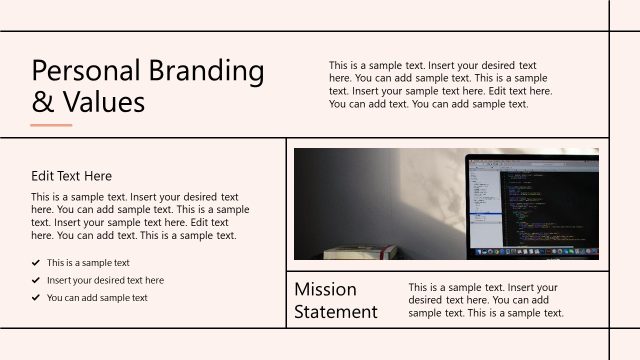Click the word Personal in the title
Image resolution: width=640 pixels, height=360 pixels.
[85, 71]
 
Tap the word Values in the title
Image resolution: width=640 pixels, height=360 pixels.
[103, 102]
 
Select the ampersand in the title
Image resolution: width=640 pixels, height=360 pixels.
[42, 102]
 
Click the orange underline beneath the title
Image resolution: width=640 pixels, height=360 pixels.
[51, 125]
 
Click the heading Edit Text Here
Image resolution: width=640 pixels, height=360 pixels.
[71, 176]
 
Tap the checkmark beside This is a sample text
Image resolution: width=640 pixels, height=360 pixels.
[36, 263]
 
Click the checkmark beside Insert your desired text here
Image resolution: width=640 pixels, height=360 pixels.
[36, 281]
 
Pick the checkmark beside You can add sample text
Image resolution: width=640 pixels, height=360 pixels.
[36, 298]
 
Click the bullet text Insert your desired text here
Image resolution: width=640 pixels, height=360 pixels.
[105, 281]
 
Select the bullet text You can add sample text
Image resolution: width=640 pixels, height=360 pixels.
[97, 298]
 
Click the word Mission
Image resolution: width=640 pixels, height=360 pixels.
[325, 289]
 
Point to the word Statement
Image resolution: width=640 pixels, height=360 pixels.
[336, 312]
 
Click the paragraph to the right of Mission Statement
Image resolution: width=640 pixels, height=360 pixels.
[486, 300]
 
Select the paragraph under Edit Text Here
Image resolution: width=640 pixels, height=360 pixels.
[140, 216]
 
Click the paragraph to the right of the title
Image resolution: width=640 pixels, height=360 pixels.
[440, 84]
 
